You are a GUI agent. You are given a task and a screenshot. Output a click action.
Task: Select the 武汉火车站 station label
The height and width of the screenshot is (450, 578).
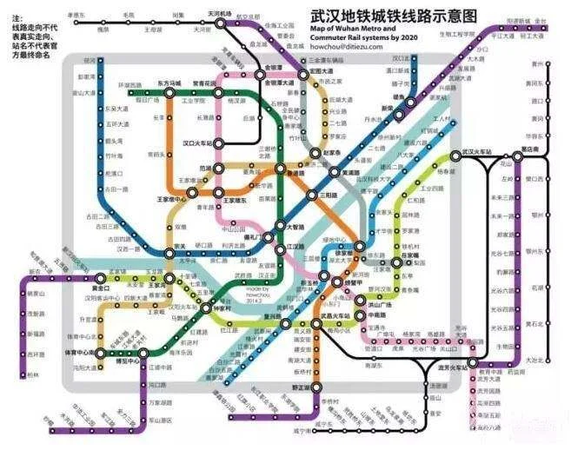[477, 153]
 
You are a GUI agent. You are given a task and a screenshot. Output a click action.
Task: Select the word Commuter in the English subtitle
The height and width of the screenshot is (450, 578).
[327, 37]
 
